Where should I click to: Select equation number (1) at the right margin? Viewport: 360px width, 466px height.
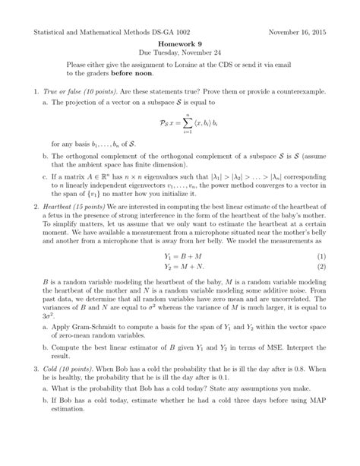click(x=321, y=300)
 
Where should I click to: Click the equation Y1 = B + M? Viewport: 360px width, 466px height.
click(x=179, y=300)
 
